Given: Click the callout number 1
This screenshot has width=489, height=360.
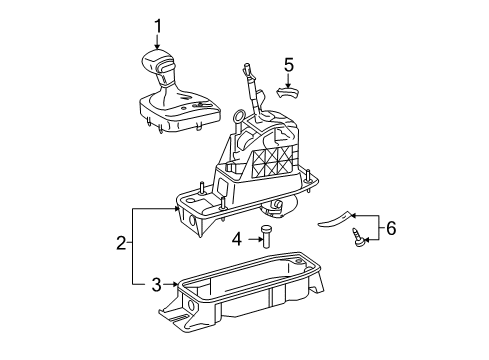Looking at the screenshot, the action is (x=157, y=27).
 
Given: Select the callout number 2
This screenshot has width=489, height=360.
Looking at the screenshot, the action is (x=121, y=243).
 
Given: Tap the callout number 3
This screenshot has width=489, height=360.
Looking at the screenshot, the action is (x=156, y=285).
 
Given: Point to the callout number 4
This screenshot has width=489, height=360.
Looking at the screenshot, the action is (x=237, y=239).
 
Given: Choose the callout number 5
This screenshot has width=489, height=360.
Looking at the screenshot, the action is (x=289, y=65).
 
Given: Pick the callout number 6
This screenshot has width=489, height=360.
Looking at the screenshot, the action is (x=391, y=228).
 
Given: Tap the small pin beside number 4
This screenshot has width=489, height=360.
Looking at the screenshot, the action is (x=265, y=236).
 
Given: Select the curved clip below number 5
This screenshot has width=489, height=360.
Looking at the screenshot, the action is (x=288, y=93).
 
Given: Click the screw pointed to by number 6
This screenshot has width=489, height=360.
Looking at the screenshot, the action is (x=358, y=237).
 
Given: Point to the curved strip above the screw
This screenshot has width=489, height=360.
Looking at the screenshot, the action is (x=335, y=219).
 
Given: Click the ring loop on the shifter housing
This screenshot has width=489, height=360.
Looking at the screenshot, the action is (x=239, y=116).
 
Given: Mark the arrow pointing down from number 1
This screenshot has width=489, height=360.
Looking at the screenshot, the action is (x=157, y=43).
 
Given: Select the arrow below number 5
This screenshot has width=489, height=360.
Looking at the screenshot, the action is (x=288, y=81).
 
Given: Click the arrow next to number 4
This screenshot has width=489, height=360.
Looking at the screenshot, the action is (x=254, y=239).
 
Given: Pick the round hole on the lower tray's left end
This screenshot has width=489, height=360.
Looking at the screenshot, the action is (x=191, y=304).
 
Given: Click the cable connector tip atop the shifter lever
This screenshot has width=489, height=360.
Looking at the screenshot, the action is (x=247, y=68).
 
